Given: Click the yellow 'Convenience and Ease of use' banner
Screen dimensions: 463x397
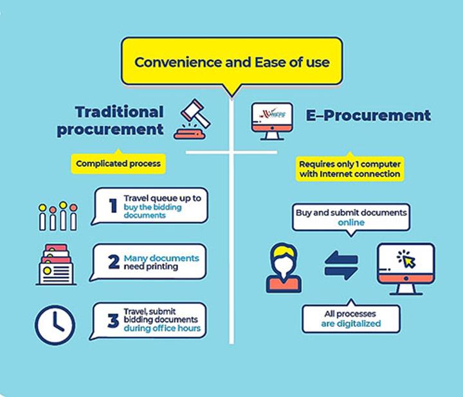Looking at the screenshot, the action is click(x=232, y=62).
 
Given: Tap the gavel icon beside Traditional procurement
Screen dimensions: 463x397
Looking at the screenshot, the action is click(x=193, y=119).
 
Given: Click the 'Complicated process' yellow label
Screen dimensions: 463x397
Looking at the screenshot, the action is click(x=118, y=163).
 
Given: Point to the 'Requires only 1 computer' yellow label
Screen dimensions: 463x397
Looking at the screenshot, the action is click(x=350, y=169).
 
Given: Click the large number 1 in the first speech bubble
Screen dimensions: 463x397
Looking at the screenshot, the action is click(x=113, y=205).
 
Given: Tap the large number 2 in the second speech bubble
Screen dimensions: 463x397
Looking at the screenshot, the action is click(x=114, y=262).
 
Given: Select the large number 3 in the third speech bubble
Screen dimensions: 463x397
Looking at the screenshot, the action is click(x=113, y=321).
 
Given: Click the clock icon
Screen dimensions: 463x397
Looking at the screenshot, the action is click(x=55, y=325).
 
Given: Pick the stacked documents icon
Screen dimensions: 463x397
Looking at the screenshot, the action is click(x=56, y=264).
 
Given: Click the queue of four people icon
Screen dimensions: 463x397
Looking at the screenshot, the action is click(x=58, y=216).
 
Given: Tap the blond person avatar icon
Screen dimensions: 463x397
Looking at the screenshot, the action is click(x=284, y=268).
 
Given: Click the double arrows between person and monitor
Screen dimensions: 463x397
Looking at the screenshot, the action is click(x=341, y=265).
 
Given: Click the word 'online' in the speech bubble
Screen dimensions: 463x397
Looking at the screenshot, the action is click(x=351, y=222).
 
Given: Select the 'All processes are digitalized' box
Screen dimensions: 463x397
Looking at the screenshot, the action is click(x=351, y=319).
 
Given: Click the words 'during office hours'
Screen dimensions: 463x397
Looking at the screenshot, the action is click(x=162, y=328).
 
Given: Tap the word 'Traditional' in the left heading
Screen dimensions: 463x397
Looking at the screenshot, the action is click(x=120, y=112).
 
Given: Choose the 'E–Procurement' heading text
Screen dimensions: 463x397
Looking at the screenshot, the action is click(x=368, y=115).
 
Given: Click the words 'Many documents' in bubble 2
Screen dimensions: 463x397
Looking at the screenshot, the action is click(x=161, y=258).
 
